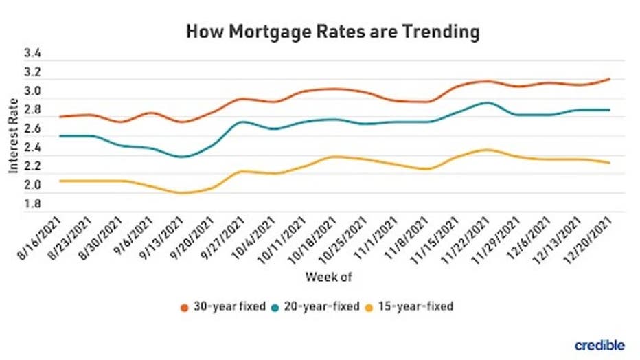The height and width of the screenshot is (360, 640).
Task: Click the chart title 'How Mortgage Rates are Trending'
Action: point(332,32)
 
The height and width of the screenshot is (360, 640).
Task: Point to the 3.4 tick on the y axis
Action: point(32,54)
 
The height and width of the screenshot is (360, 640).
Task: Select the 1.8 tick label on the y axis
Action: point(32,204)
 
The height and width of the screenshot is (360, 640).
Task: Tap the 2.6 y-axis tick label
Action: point(32,128)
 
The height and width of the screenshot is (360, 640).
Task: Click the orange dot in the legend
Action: point(185,306)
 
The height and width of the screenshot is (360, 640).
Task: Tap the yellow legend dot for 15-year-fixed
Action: point(369,306)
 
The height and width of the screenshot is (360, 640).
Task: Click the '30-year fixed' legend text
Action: point(229,306)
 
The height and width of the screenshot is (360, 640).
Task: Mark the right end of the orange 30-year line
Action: point(609,79)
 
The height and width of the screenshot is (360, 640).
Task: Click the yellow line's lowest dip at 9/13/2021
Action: point(181,193)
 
